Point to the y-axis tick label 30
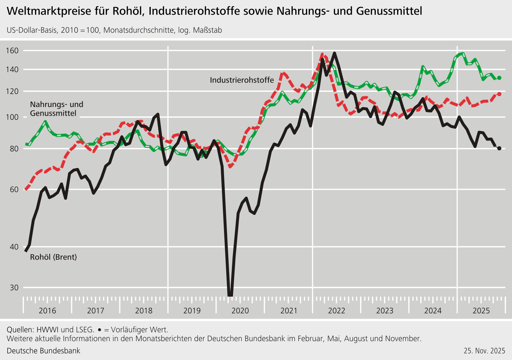pyautogui.click(x=14, y=288)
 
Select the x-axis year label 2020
pyautogui.click(x=240, y=311)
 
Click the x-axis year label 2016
pyautogui.click(x=47, y=311)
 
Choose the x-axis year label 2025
pyautogui.click(x=481, y=311)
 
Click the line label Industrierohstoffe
pyautogui.click(x=242, y=80)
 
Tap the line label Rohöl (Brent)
pyautogui.click(x=53, y=257)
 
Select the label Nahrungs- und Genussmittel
pyautogui.click(x=57, y=109)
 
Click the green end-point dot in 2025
pyautogui.click(x=499, y=78)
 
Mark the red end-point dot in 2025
pyautogui.click(x=499, y=94)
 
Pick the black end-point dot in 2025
pyautogui.click(x=499, y=148)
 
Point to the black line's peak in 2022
pyautogui.click(x=334, y=53)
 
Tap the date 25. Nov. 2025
pyautogui.click(x=484, y=351)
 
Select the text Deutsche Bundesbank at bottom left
pyautogui.click(x=43, y=351)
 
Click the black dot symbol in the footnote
pyautogui.click(x=99, y=330)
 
